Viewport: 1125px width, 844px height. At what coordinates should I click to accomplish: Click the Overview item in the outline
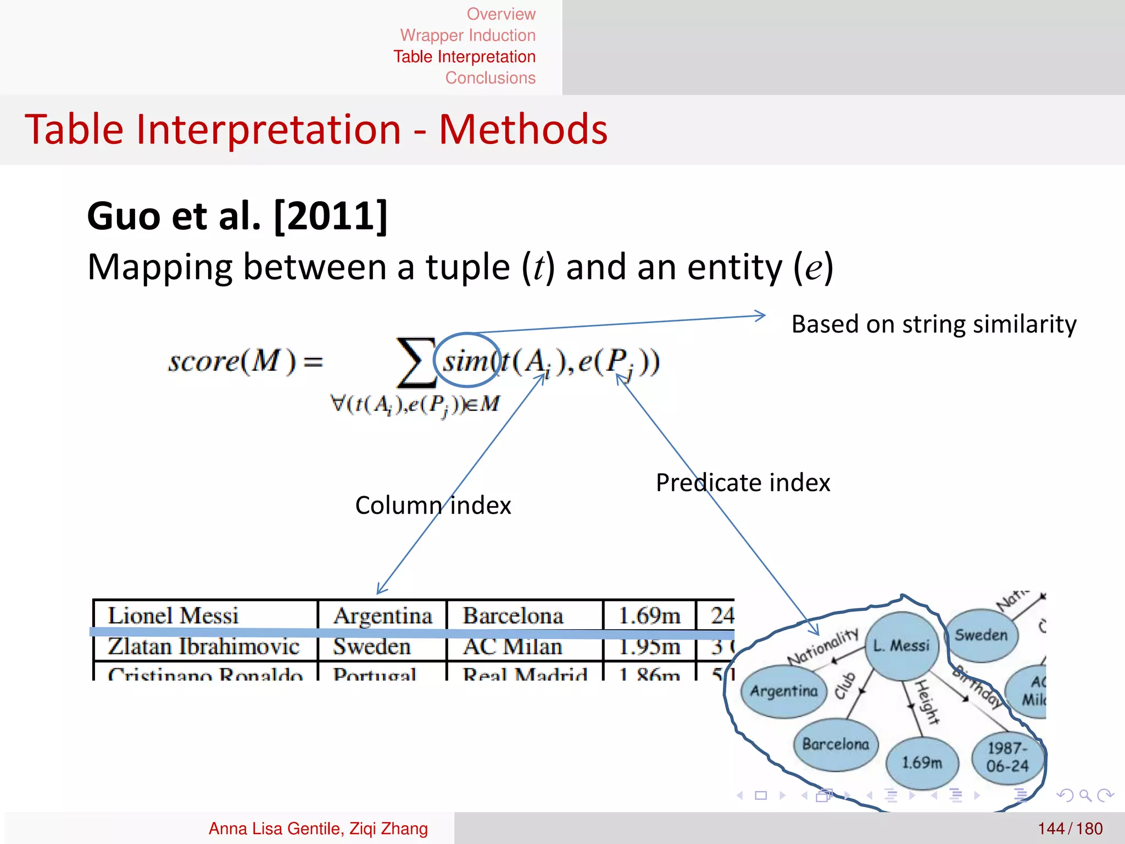click(500, 14)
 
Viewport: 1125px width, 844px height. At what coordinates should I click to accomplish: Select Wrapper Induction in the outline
click(467, 35)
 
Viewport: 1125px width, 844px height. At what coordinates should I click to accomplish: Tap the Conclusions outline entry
click(490, 78)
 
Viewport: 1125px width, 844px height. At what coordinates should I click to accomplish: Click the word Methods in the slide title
click(523, 130)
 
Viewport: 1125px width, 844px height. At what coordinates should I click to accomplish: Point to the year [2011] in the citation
click(331, 216)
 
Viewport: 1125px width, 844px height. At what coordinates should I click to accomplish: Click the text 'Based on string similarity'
click(933, 324)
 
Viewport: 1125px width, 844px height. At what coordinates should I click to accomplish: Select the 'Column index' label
click(433, 506)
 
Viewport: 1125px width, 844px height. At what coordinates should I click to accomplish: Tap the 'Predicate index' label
click(743, 483)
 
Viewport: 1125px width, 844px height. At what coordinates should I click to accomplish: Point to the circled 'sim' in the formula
click(466, 361)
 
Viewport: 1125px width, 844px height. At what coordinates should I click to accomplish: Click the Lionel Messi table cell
click(173, 615)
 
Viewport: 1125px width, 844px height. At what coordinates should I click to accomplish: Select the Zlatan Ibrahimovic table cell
click(203, 647)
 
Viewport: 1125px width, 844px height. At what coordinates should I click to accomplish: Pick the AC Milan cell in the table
click(513, 647)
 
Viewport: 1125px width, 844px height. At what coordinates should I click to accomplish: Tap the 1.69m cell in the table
click(649, 615)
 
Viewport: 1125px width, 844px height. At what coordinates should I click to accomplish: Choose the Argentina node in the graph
click(784, 691)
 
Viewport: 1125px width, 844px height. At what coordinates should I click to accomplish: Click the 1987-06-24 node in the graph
click(1007, 757)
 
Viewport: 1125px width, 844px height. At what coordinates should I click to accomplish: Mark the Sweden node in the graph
click(981, 635)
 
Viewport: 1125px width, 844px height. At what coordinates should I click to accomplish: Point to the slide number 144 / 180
click(1070, 829)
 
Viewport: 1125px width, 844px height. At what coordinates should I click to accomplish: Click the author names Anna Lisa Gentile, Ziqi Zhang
click(318, 829)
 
